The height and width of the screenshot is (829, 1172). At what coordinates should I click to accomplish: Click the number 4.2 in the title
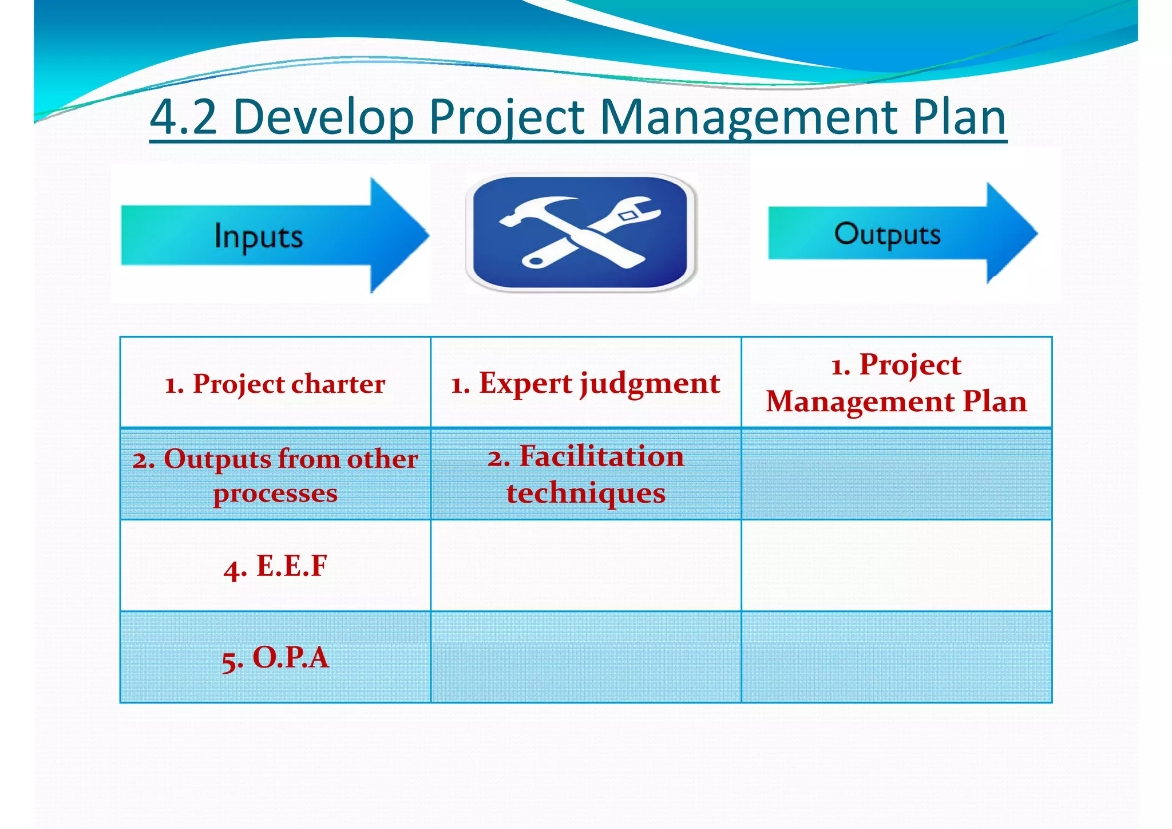tap(183, 117)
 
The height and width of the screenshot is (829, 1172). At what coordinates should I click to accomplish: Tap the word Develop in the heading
tap(323, 117)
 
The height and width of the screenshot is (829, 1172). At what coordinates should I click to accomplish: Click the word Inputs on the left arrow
tap(258, 236)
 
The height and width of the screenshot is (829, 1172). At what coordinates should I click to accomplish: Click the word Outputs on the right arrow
tap(887, 234)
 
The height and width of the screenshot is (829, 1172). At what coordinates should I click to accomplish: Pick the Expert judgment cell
tap(585, 383)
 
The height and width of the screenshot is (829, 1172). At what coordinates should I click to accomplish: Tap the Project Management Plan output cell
tap(896, 382)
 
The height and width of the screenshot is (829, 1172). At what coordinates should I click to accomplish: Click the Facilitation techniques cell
tap(585, 474)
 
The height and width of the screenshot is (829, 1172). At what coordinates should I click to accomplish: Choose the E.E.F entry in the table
tap(275, 566)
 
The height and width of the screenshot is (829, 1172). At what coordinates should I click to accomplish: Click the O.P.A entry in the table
tap(275, 657)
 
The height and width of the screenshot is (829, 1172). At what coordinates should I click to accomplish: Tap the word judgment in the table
tap(650, 384)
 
